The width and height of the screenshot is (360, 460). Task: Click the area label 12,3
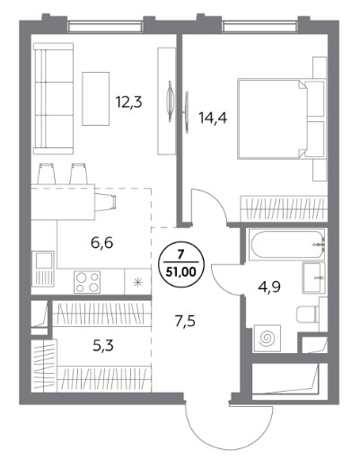click(x=129, y=102)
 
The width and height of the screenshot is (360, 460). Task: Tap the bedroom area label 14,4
click(x=213, y=118)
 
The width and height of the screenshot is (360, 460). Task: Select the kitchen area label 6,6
click(x=101, y=243)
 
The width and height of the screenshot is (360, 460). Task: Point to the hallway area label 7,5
click(x=185, y=322)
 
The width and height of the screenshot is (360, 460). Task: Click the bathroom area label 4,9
click(x=269, y=287)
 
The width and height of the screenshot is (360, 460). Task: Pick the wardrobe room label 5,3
click(x=103, y=346)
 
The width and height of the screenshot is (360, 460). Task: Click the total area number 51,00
click(x=180, y=272)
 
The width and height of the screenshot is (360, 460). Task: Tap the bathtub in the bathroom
click(x=287, y=244)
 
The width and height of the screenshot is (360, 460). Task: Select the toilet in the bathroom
click(x=308, y=314)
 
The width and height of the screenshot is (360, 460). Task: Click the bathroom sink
click(x=313, y=278)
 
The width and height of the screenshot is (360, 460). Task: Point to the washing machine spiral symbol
click(x=268, y=338)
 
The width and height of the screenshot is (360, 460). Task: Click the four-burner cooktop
click(x=87, y=282)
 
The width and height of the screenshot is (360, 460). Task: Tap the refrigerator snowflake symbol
click(x=137, y=282)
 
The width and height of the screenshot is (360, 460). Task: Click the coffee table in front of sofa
click(x=95, y=99)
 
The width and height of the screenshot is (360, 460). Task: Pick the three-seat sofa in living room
click(x=53, y=99)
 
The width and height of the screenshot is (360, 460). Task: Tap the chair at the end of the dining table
click(x=105, y=201)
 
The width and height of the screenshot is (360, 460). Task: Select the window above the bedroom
click(x=260, y=27)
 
